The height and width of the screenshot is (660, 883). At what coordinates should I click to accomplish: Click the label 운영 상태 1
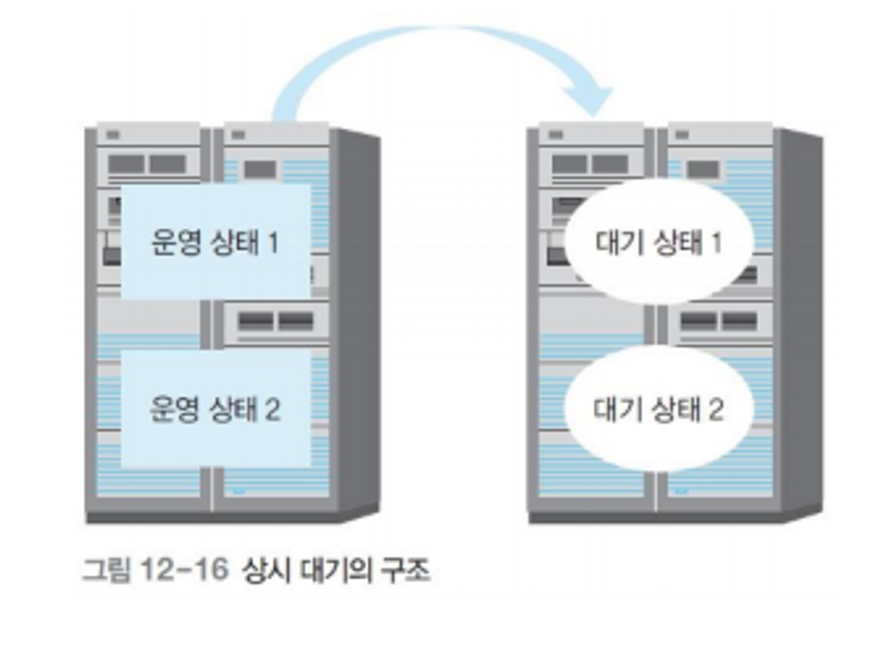(215, 243)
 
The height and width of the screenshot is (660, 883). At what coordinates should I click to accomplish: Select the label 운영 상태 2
(215, 409)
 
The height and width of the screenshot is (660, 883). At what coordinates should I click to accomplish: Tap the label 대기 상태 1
(658, 243)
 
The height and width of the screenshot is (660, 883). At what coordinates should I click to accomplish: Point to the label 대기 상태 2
(658, 409)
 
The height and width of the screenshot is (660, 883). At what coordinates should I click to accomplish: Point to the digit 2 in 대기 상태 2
(716, 409)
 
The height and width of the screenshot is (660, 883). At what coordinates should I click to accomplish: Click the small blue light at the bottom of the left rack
(240, 491)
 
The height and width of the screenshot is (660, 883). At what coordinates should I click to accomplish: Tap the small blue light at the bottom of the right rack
(682, 491)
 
